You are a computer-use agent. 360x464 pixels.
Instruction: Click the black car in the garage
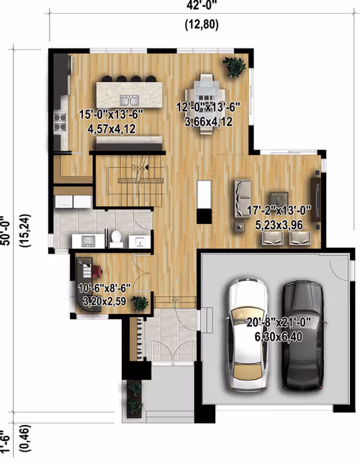tap(302, 335)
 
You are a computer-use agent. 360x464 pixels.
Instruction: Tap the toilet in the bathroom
tap(116, 239)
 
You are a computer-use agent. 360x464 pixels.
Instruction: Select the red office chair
tap(96, 271)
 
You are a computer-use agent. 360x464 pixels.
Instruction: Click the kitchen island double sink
tap(130, 100)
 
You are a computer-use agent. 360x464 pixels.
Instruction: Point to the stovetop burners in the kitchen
tap(60, 122)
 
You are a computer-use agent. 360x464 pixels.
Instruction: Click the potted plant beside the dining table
tap(234, 67)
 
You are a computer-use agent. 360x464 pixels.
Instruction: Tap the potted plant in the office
tap(140, 303)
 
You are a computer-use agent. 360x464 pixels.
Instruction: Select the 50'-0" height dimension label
tap(6, 231)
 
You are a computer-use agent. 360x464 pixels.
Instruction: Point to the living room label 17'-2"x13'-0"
tap(279, 211)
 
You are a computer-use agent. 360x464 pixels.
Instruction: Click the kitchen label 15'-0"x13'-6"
tap(111, 115)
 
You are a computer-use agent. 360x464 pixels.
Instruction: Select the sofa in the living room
tap(243, 198)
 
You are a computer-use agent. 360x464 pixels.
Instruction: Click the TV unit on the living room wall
tap(316, 199)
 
